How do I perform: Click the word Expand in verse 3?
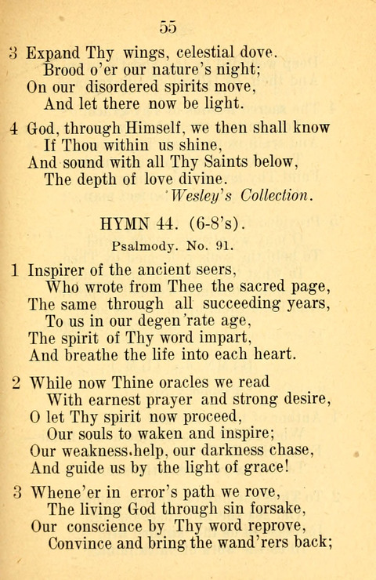tap(53, 54)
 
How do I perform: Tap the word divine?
tap(179, 178)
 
